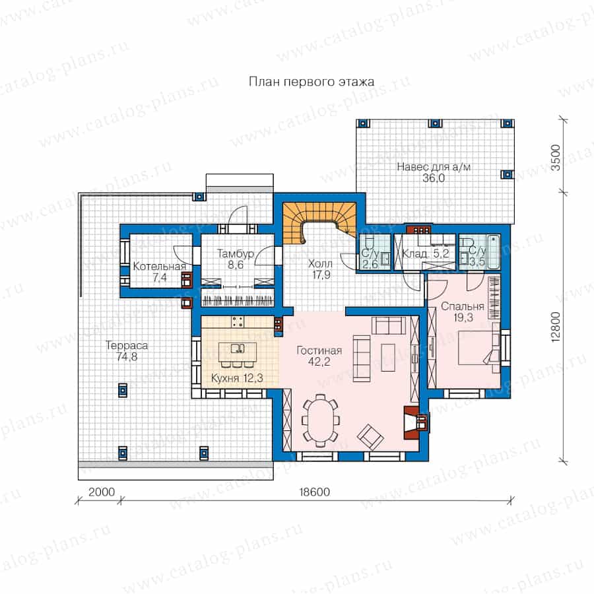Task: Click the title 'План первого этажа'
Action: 312,82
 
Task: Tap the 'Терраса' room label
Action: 127,345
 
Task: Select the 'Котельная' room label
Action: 160,267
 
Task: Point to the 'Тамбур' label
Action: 235,254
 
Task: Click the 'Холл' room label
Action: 321,263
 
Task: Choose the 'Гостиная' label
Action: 319,350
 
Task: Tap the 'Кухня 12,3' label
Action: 237,378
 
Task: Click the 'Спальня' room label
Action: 463,306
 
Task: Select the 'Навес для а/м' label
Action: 434,167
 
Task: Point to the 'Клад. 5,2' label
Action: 426,254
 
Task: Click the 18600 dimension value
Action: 314,492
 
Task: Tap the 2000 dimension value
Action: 102,492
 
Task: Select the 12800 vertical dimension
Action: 555,327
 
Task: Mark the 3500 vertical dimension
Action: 555,157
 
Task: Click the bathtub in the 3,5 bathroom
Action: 492,252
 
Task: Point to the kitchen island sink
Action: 238,348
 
